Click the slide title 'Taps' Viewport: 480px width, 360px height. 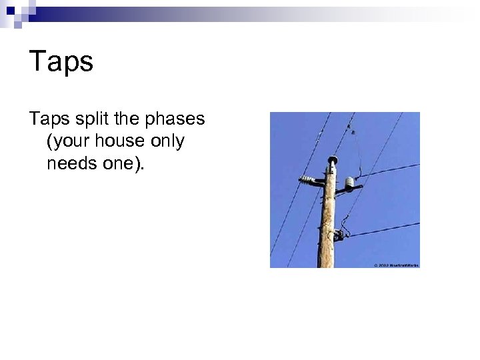[x=61, y=62]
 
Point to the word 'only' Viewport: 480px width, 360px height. [x=170, y=141]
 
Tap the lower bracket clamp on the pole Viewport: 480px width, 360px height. [x=339, y=235]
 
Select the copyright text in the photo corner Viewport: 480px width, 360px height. [x=396, y=265]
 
